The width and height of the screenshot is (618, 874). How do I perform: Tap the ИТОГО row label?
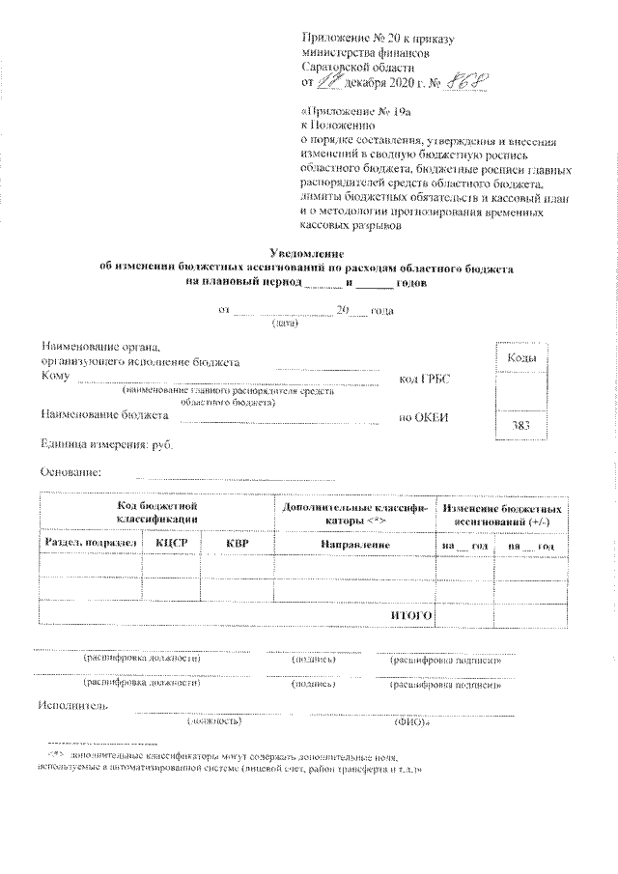click(410, 613)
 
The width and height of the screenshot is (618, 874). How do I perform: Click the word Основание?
click(70, 471)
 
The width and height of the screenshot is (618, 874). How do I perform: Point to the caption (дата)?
click(285, 324)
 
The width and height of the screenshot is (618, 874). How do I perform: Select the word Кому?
click(55, 377)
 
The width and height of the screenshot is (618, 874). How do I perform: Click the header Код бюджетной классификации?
click(157, 512)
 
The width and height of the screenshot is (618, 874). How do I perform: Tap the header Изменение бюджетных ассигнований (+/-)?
click(501, 512)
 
